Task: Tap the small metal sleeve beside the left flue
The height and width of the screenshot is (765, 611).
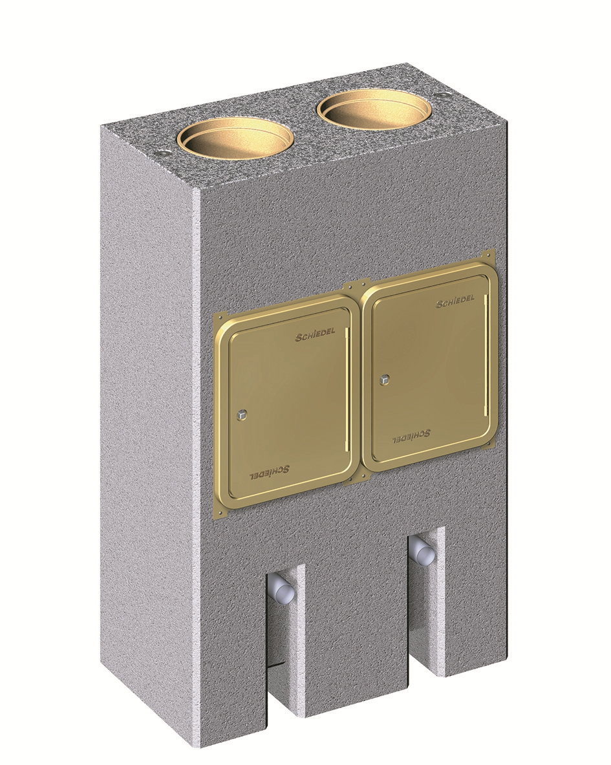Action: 162,153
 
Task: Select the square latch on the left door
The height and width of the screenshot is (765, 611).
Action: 242,414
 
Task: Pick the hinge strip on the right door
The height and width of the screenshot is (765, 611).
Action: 487,356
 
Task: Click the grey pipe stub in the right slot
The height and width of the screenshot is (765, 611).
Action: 423,553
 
